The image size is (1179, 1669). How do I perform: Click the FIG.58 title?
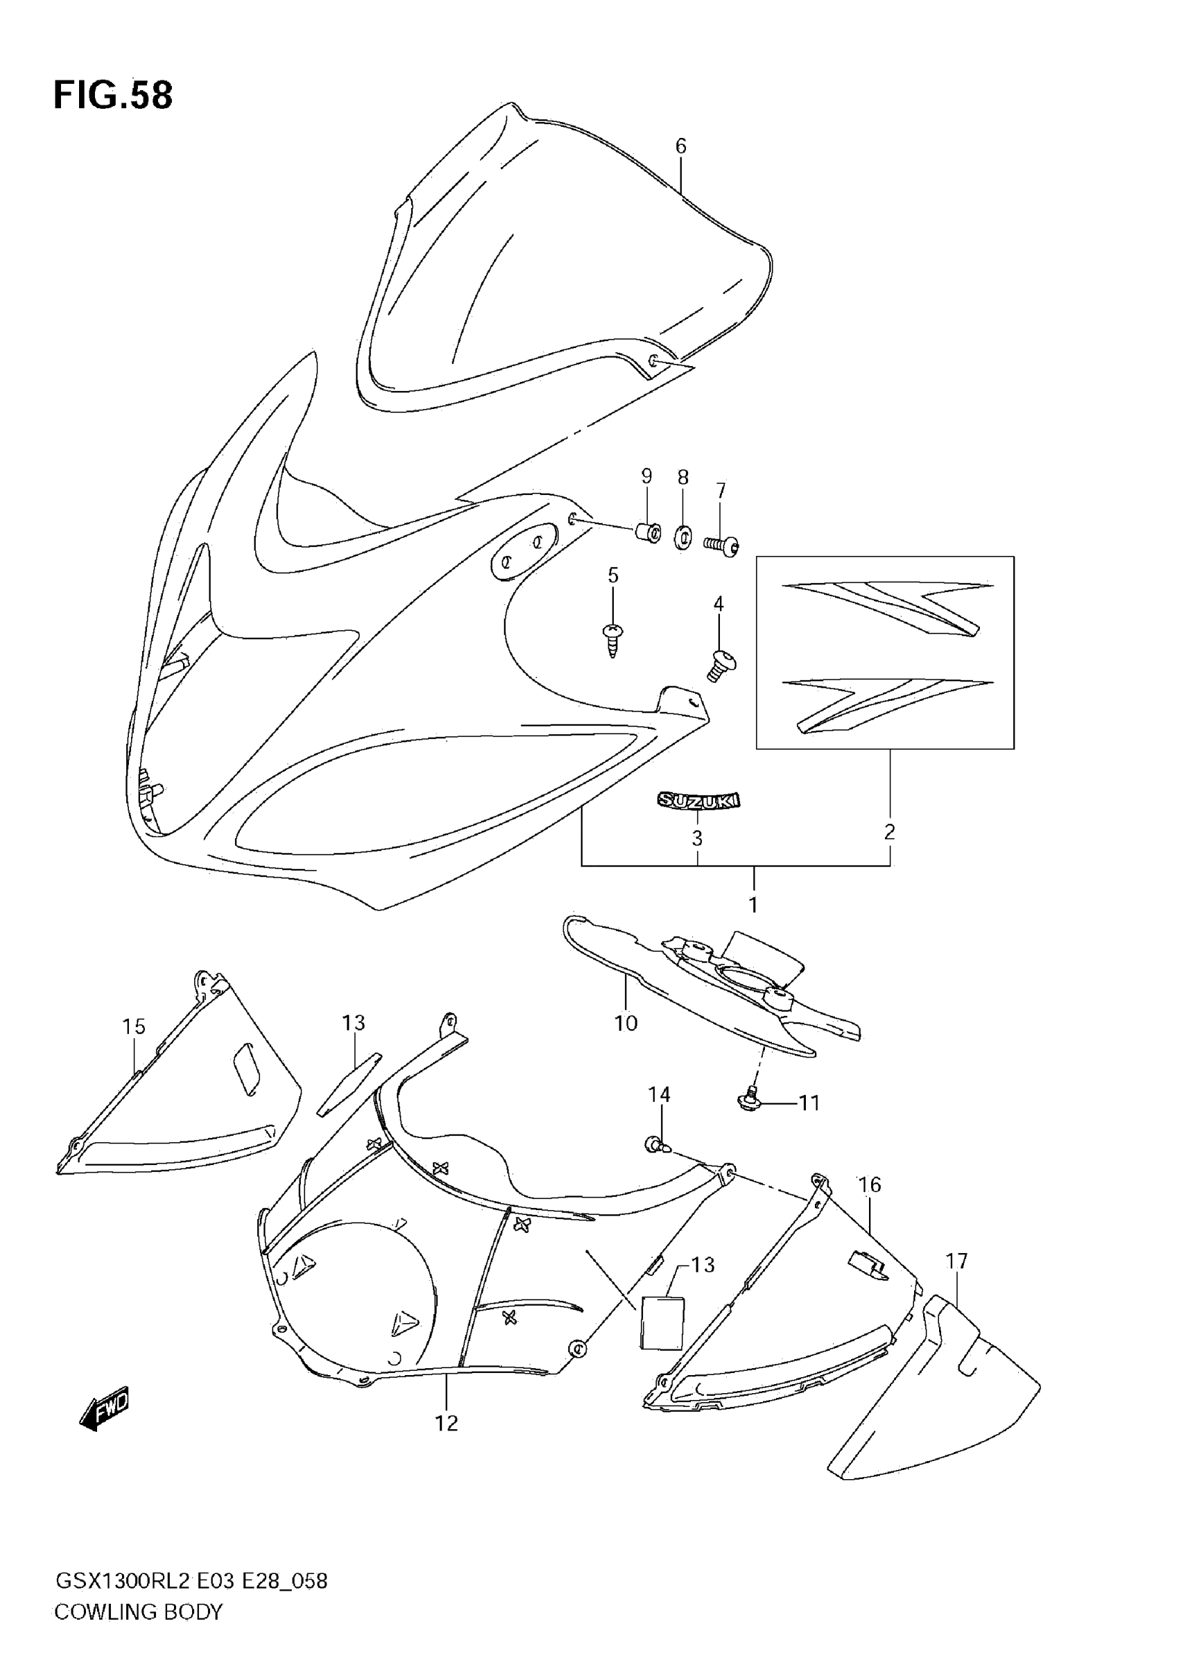click(113, 96)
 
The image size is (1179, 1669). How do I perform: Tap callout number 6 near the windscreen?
click(681, 146)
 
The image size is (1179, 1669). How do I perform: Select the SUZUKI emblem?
click(698, 801)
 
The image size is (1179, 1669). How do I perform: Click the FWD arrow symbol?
click(104, 1410)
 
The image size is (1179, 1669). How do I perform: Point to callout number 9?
click(646, 476)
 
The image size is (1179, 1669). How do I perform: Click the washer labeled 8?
click(683, 538)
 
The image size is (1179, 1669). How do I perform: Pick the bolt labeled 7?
click(721, 545)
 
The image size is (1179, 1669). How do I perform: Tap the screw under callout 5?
click(613, 638)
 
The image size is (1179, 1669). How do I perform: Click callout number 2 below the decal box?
click(890, 832)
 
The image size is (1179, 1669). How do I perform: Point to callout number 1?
click(753, 905)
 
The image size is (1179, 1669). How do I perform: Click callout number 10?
click(626, 1024)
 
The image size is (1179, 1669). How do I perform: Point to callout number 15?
click(134, 1026)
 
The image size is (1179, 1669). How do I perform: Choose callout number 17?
click(956, 1261)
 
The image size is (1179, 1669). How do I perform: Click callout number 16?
click(870, 1185)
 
